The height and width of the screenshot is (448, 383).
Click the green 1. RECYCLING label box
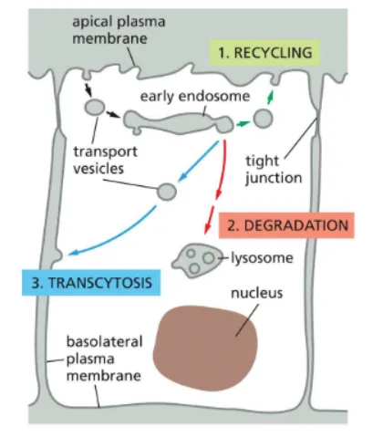(264, 53)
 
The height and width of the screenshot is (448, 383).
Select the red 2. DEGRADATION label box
(286, 225)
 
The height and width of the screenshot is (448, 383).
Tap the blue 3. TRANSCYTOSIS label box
(91, 283)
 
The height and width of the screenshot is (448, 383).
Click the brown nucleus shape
(205, 348)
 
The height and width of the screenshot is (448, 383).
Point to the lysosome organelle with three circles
(195, 260)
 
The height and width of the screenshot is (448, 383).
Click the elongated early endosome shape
(179, 123)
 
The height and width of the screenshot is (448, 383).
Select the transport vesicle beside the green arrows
(263, 119)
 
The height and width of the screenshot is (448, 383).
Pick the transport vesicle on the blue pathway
(167, 192)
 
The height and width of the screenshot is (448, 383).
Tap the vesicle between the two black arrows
(95, 108)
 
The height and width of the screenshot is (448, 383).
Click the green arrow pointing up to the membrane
(270, 97)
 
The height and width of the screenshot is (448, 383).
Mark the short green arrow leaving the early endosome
(243, 124)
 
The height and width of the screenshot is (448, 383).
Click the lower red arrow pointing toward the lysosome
(209, 220)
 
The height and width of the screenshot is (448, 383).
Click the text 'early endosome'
(195, 97)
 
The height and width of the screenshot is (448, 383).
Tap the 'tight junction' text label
(274, 170)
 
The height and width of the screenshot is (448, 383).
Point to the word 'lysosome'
(262, 258)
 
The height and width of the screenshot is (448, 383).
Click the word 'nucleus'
(257, 293)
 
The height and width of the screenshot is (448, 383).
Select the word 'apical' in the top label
(92, 22)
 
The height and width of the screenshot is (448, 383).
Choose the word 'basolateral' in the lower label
(104, 341)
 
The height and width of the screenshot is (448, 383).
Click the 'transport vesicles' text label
(105, 161)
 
